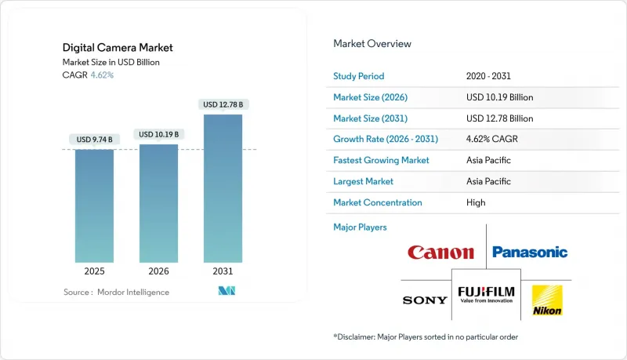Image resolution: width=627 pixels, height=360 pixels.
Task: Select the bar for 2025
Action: pyautogui.click(x=95, y=205)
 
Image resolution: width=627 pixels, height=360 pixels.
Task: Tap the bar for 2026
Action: pyautogui.click(x=158, y=203)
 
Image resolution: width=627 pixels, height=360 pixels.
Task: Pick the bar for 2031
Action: pyautogui.click(x=223, y=188)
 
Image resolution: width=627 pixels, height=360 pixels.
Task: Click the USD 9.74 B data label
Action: pyautogui.click(x=95, y=140)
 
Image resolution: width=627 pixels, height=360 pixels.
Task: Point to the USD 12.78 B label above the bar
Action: pyautogui.click(x=223, y=104)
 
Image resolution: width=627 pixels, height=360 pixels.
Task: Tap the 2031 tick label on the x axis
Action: pyautogui.click(x=223, y=271)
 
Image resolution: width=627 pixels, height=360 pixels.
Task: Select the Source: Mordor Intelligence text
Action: pyautogui.click(x=116, y=292)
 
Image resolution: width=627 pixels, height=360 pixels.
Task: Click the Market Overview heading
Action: pyautogui.click(x=372, y=43)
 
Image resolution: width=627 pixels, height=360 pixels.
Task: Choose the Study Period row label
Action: pyautogui.click(x=359, y=76)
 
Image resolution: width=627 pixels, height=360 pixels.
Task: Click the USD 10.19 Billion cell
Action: pyautogui.click(x=499, y=97)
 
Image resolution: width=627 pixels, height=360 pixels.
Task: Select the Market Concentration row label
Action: pyautogui.click(x=378, y=202)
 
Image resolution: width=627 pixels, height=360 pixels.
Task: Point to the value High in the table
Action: pyautogui.click(x=476, y=202)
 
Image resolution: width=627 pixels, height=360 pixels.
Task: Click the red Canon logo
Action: pyautogui.click(x=440, y=253)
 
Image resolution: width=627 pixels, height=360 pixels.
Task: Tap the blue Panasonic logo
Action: pyautogui.click(x=530, y=253)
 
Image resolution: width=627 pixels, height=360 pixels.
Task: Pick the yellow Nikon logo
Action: pyautogui.click(x=546, y=300)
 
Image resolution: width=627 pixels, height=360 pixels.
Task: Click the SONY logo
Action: pyautogui.click(x=425, y=300)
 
